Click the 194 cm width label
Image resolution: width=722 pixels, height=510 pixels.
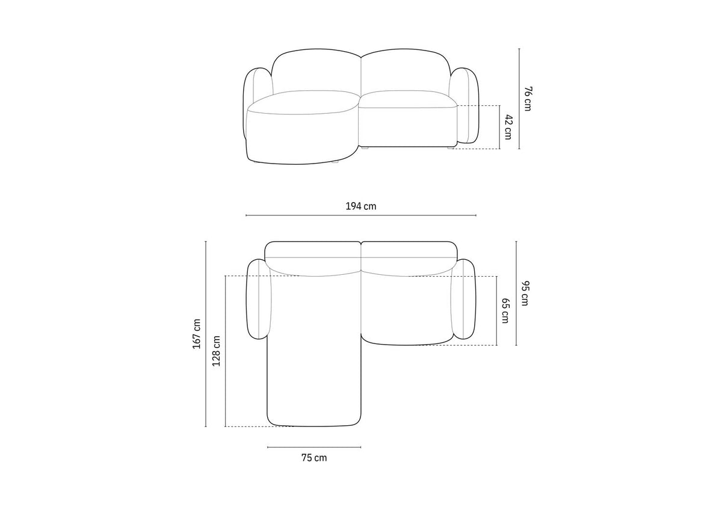tap(360, 206)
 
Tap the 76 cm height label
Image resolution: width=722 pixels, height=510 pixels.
tap(527, 99)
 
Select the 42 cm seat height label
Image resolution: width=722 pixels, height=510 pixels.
tap(508, 127)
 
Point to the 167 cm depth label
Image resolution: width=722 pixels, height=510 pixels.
tap(197, 334)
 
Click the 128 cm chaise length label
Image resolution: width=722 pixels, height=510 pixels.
tap(216, 351)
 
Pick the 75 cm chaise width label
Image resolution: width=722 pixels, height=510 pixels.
tap(314, 458)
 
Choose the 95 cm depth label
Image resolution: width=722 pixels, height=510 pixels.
tap(525, 293)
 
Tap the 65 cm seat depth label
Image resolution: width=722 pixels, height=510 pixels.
tap(505, 311)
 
